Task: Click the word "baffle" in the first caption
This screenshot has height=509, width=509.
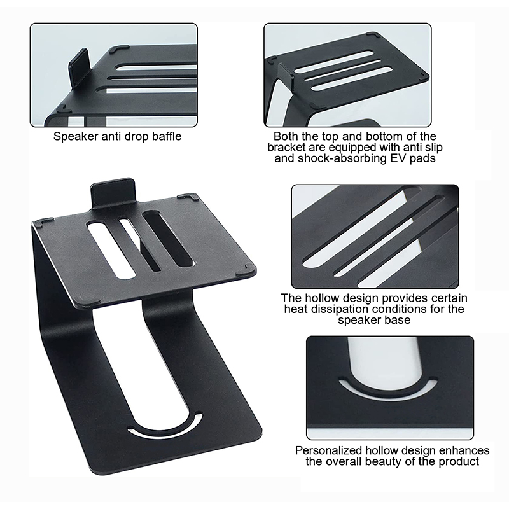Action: coord(167,136)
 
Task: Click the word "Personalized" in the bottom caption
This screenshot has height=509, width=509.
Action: coord(329,451)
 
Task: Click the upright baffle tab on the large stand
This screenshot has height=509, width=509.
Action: coord(113,192)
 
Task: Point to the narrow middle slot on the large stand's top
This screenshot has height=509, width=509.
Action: coord(139,244)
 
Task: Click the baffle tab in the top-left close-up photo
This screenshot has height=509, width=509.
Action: coord(78,67)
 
